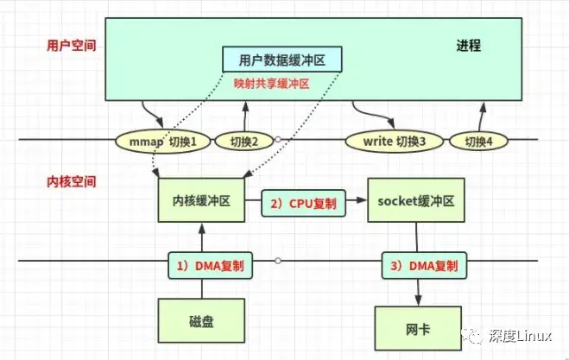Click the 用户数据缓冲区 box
coord(282,60)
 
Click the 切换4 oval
coord(481,140)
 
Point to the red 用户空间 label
coord(71,45)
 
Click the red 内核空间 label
coord(71,182)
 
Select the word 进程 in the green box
coord(467,45)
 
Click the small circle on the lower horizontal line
coord(278,260)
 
